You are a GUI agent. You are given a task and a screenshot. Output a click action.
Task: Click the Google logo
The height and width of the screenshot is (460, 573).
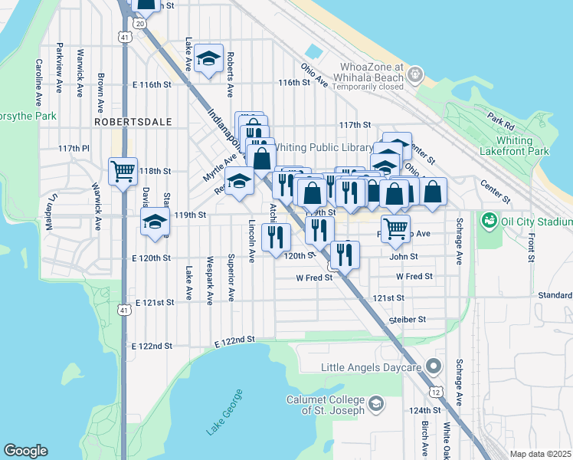tap(25, 451)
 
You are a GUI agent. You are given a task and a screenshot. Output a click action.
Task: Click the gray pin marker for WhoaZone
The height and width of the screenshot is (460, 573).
tap(415, 75)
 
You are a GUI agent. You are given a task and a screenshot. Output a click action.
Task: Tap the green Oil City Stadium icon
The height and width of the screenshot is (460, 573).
tap(488, 221)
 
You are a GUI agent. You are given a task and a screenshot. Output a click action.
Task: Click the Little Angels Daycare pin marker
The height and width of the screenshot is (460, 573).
tap(434, 368)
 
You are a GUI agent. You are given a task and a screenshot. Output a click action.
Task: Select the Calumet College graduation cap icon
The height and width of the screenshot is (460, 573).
tap(376, 402)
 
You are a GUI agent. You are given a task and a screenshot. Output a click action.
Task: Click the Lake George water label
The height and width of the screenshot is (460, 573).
tap(224, 412)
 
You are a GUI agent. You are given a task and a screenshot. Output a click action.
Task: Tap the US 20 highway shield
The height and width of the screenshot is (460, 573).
tap(139, 24)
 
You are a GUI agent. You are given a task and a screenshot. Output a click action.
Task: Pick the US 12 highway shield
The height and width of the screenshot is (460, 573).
tap(435, 392)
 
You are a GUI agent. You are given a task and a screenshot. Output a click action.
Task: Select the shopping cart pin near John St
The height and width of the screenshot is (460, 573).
tap(395, 227)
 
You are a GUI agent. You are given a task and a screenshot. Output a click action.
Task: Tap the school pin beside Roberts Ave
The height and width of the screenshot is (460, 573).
tap(208, 60)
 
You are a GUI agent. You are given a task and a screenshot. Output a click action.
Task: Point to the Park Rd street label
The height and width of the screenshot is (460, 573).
tap(500, 122)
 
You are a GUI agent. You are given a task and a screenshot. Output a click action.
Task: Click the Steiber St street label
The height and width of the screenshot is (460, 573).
tap(406, 320)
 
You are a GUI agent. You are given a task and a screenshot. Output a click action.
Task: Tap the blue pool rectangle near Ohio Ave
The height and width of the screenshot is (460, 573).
tap(313, 52)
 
